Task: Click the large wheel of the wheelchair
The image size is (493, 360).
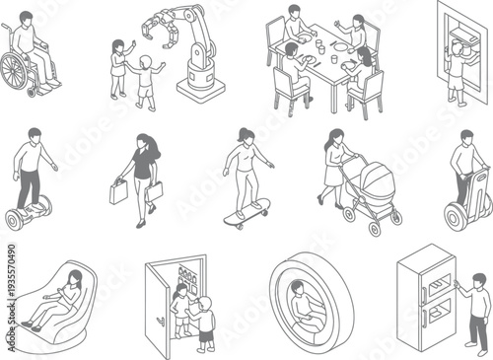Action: [15, 72]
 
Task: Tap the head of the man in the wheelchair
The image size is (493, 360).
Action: [27, 18]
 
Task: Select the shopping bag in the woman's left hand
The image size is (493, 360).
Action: [118, 190]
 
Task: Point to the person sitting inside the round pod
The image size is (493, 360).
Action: [301, 306]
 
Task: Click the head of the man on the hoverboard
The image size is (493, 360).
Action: [35, 134]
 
